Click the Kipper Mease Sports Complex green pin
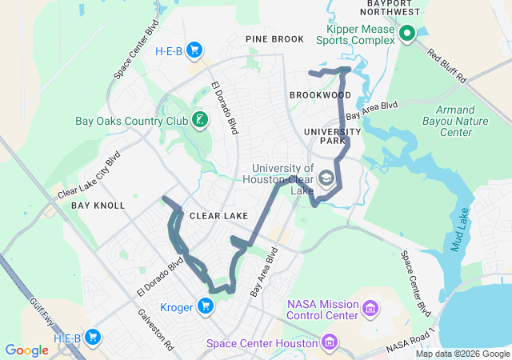coord(406,34)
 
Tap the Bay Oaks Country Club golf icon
coord(200,121)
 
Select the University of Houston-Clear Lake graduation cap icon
coord(326,178)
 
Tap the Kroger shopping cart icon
coord(206,306)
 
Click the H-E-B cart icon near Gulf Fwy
coord(93,338)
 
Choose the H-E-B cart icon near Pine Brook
coord(194,51)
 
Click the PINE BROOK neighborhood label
coord(275,39)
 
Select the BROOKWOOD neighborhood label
coord(323,95)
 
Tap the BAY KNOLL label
coord(98,206)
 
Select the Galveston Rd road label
coord(154,330)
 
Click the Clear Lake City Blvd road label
coord(89,176)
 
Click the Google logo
coord(26,350)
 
